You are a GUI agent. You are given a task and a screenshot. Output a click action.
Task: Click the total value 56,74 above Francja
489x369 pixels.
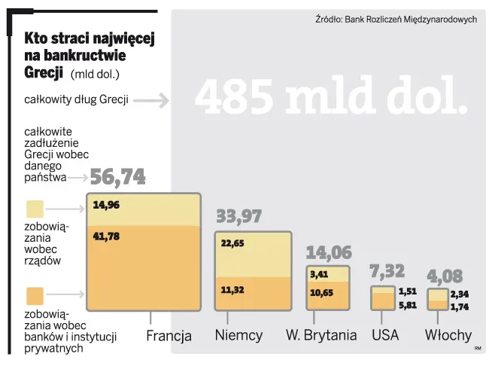[117, 177]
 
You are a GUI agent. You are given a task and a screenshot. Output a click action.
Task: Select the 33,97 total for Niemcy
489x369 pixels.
[239, 217]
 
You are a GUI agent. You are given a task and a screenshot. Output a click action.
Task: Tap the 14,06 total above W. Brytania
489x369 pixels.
[329, 252]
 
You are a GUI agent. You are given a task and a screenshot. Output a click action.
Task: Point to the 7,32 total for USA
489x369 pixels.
[387, 271]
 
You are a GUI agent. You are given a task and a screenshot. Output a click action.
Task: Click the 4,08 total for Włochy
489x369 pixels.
[445, 276]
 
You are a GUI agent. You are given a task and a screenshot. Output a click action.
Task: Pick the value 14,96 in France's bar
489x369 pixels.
[106, 204]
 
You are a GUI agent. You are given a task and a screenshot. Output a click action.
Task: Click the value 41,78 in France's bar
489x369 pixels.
[106, 236]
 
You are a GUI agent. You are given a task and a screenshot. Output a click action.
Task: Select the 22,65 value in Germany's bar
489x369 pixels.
[232, 243]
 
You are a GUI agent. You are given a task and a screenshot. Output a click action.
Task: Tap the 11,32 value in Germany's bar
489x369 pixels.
[232, 290]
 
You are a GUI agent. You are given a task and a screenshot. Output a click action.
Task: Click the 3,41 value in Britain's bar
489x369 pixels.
[319, 275]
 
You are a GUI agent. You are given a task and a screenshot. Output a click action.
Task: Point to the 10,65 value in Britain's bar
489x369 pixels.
[322, 292]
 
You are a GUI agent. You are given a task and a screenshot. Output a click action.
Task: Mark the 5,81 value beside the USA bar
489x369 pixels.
[408, 305]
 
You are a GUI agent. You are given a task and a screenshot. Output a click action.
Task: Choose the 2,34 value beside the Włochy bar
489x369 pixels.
[460, 294]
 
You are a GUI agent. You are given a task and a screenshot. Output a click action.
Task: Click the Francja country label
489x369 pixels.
[169, 336]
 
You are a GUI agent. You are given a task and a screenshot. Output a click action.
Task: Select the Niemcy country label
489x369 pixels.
[238, 335]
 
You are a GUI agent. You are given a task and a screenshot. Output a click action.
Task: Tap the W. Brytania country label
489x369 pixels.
[321, 335]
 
